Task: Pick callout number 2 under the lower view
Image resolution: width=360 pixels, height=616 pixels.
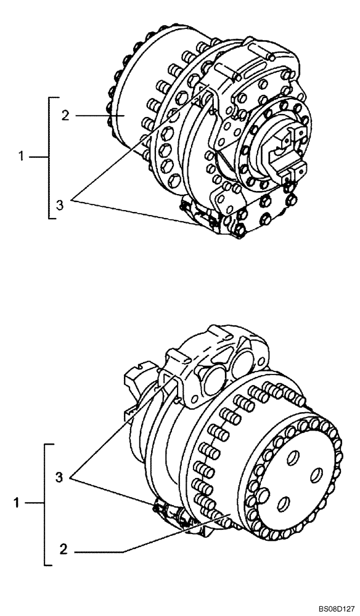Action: click(x=64, y=548)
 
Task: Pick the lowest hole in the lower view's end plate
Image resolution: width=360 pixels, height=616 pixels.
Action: click(x=284, y=505)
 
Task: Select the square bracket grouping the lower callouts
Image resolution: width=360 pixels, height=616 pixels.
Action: click(x=46, y=503)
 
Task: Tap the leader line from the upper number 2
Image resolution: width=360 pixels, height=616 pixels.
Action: click(x=92, y=115)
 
